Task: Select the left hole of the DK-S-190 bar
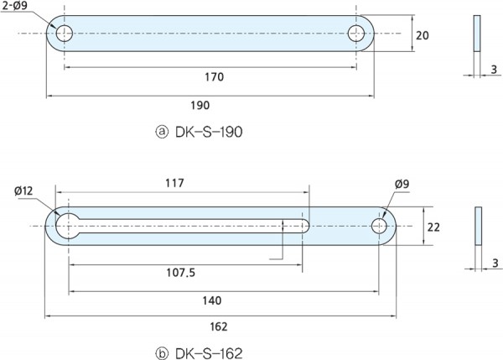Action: [x=65, y=34]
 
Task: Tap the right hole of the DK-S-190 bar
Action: [x=356, y=34]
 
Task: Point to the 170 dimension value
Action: [x=214, y=77]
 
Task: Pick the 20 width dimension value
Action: [x=422, y=35]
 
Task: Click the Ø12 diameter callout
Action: [x=23, y=191]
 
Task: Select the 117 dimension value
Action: [x=175, y=182]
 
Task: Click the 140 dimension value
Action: [x=214, y=300]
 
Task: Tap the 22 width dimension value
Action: [x=433, y=227]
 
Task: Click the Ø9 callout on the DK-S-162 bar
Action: [x=401, y=185]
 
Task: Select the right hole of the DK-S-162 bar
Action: [x=381, y=225]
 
